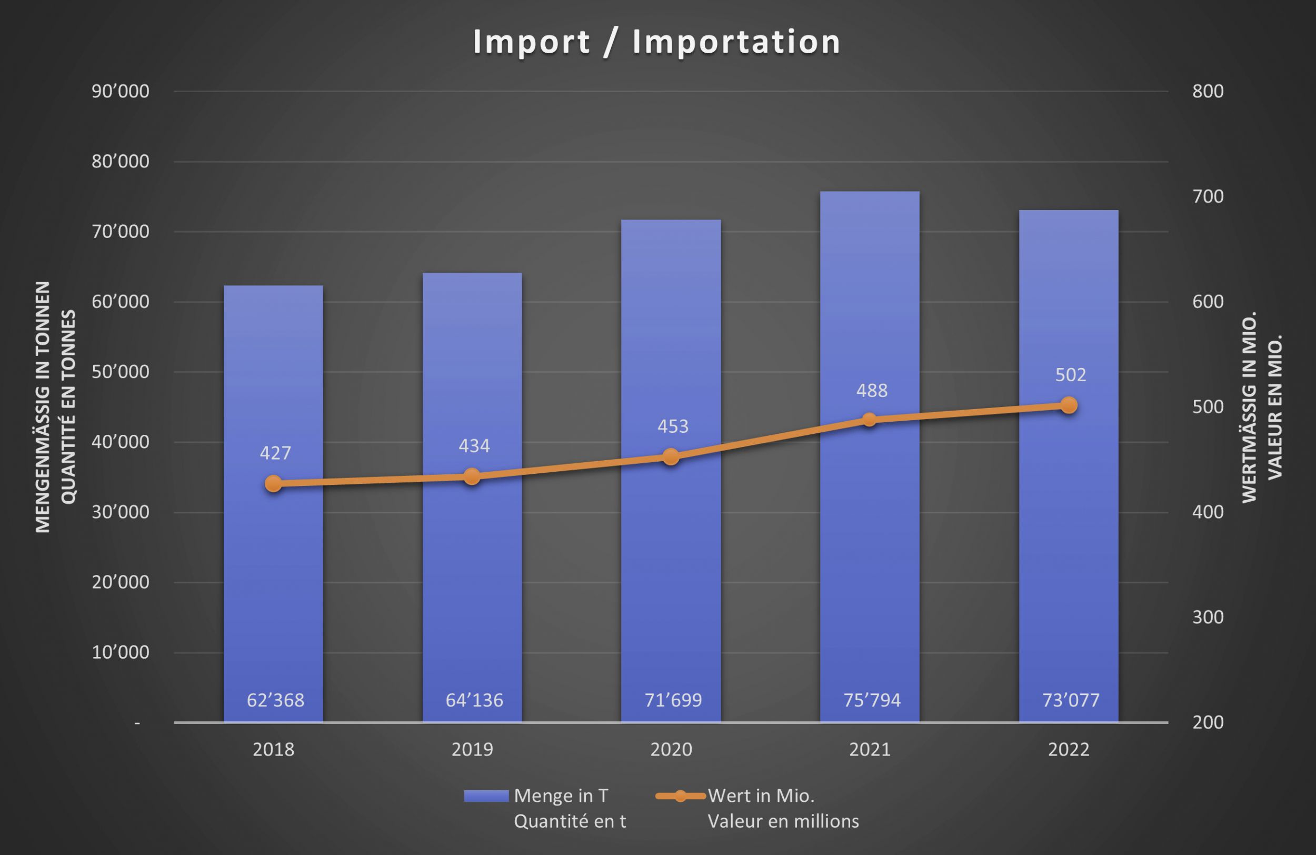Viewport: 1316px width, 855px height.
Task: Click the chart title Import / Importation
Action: (656, 42)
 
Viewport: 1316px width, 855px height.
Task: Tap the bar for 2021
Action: (869, 553)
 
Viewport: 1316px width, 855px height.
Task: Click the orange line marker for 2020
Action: (671, 457)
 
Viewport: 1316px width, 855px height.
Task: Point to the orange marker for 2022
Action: (1069, 405)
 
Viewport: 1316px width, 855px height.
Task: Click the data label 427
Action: (275, 453)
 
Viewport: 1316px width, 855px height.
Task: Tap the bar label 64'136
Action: (474, 700)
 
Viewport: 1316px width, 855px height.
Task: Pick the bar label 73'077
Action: (1071, 700)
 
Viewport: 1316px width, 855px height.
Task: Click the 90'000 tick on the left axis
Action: (121, 91)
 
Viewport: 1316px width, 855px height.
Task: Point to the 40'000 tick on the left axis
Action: (121, 442)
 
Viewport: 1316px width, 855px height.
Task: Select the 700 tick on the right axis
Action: (1208, 196)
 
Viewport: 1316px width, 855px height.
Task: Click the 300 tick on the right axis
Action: (1208, 617)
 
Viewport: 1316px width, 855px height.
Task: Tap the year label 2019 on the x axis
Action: (472, 749)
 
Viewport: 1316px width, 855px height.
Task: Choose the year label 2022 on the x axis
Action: (1069, 749)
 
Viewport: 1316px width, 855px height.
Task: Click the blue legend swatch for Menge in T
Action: (486, 796)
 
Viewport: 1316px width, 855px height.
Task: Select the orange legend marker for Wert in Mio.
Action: (680, 796)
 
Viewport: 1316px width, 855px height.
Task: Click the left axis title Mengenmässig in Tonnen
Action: (43, 406)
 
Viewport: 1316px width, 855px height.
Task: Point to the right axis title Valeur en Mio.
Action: (1274, 406)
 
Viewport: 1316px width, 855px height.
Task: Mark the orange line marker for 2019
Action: (472, 476)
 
